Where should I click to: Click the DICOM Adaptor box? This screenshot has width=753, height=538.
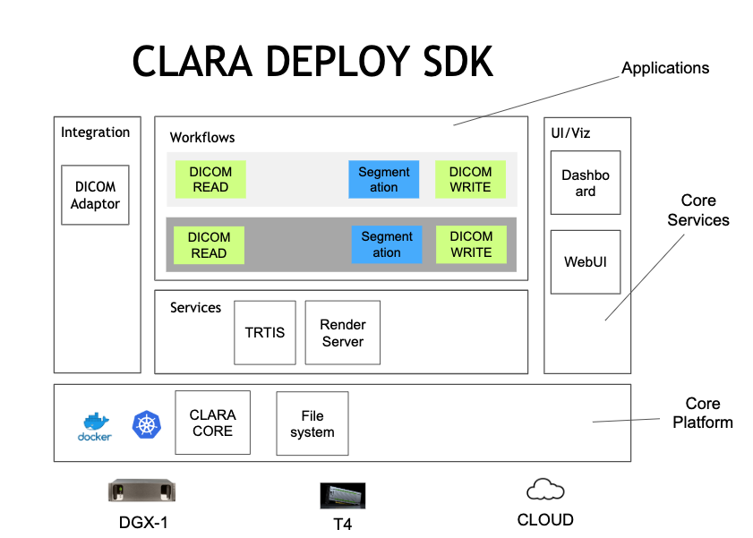click(x=95, y=195)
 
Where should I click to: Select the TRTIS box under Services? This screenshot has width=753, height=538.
click(x=265, y=332)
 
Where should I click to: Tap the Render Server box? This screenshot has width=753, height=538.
click(x=342, y=332)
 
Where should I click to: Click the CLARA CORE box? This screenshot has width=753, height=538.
click(x=212, y=423)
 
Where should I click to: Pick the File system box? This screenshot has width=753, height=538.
click(x=312, y=423)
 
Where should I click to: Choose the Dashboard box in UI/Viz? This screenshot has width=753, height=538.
click(x=585, y=183)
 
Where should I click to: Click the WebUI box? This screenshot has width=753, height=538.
click(x=585, y=262)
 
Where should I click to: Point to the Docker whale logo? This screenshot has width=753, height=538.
click(x=94, y=425)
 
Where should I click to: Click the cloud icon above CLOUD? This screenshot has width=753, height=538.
click(x=544, y=489)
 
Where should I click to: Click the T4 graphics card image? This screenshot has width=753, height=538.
click(x=342, y=495)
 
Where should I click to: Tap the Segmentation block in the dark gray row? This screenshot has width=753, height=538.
click(x=387, y=244)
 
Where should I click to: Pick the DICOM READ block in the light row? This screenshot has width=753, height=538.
click(x=210, y=179)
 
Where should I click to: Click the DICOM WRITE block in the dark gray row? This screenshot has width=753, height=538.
click(x=471, y=244)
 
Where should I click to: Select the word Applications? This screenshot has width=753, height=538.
click(x=664, y=68)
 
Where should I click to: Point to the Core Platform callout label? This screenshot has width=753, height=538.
click(x=702, y=413)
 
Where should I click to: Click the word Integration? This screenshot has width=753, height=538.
click(x=95, y=132)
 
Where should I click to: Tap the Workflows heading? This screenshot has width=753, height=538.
click(x=202, y=138)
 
